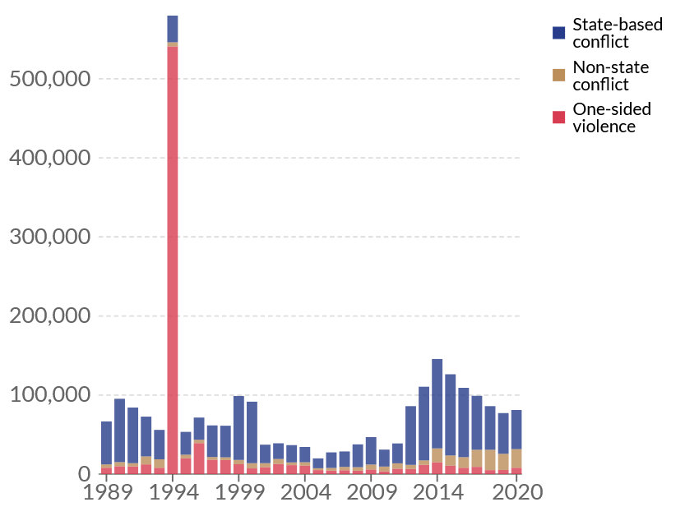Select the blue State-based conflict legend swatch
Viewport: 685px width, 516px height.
click(x=558, y=33)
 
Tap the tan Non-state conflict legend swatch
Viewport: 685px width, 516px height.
click(x=558, y=76)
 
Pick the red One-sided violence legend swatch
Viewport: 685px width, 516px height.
click(x=558, y=117)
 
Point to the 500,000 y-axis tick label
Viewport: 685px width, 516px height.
click(x=49, y=79)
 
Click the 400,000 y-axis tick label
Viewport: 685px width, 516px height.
click(x=49, y=158)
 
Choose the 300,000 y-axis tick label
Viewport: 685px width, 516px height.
click(x=49, y=237)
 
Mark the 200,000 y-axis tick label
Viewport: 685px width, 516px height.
click(x=49, y=316)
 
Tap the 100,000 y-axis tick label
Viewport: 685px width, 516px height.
click(x=49, y=395)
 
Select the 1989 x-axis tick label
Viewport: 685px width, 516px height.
click(x=106, y=493)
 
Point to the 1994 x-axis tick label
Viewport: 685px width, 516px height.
click(x=173, y=493)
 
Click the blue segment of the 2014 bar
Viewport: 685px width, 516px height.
click(x=437, y=403)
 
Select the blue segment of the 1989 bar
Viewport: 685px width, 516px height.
click(x=106, y=443)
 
